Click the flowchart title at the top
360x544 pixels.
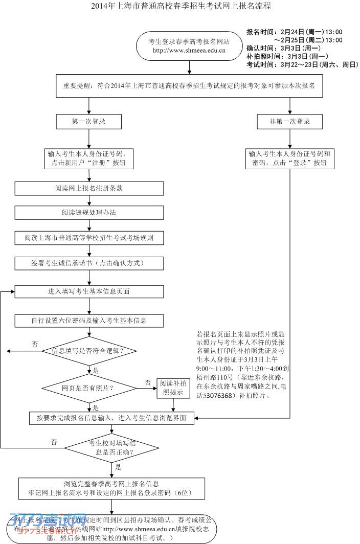pyautogui.click(x=181, y=7)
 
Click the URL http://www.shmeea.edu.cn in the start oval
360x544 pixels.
pyautogui.click(x=189, y=51)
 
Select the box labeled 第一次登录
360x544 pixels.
pyautogui.click(x=89, y=122)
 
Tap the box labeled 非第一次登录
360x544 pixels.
pyautogui.click(x=290, y=122)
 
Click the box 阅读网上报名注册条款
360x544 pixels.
pyautogui.click(x=89, y=188)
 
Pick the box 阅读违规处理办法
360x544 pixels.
pyautogui.click(x=89, y=212)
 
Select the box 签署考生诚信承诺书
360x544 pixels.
pyautogui.click(x=89, y=263)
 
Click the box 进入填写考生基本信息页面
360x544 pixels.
pyautogui.click(x=89, y=291)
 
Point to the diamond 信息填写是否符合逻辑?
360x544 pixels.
pyautogui.click(x=89, y=351)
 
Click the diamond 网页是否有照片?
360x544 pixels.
pyautogui.click(x=89, y=388)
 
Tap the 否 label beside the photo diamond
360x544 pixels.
pyautogui.click(x=148, y=382)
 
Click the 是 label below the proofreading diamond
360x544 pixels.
pyautogui.click(x=118, y=467)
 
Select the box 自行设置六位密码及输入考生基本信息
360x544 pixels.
pyautogui.click(x=89, y=321)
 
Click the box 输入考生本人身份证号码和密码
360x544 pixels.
pyautogui.click(x=290, y=158)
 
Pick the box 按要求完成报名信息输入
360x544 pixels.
pyautogui.click(x=111, y=418)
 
